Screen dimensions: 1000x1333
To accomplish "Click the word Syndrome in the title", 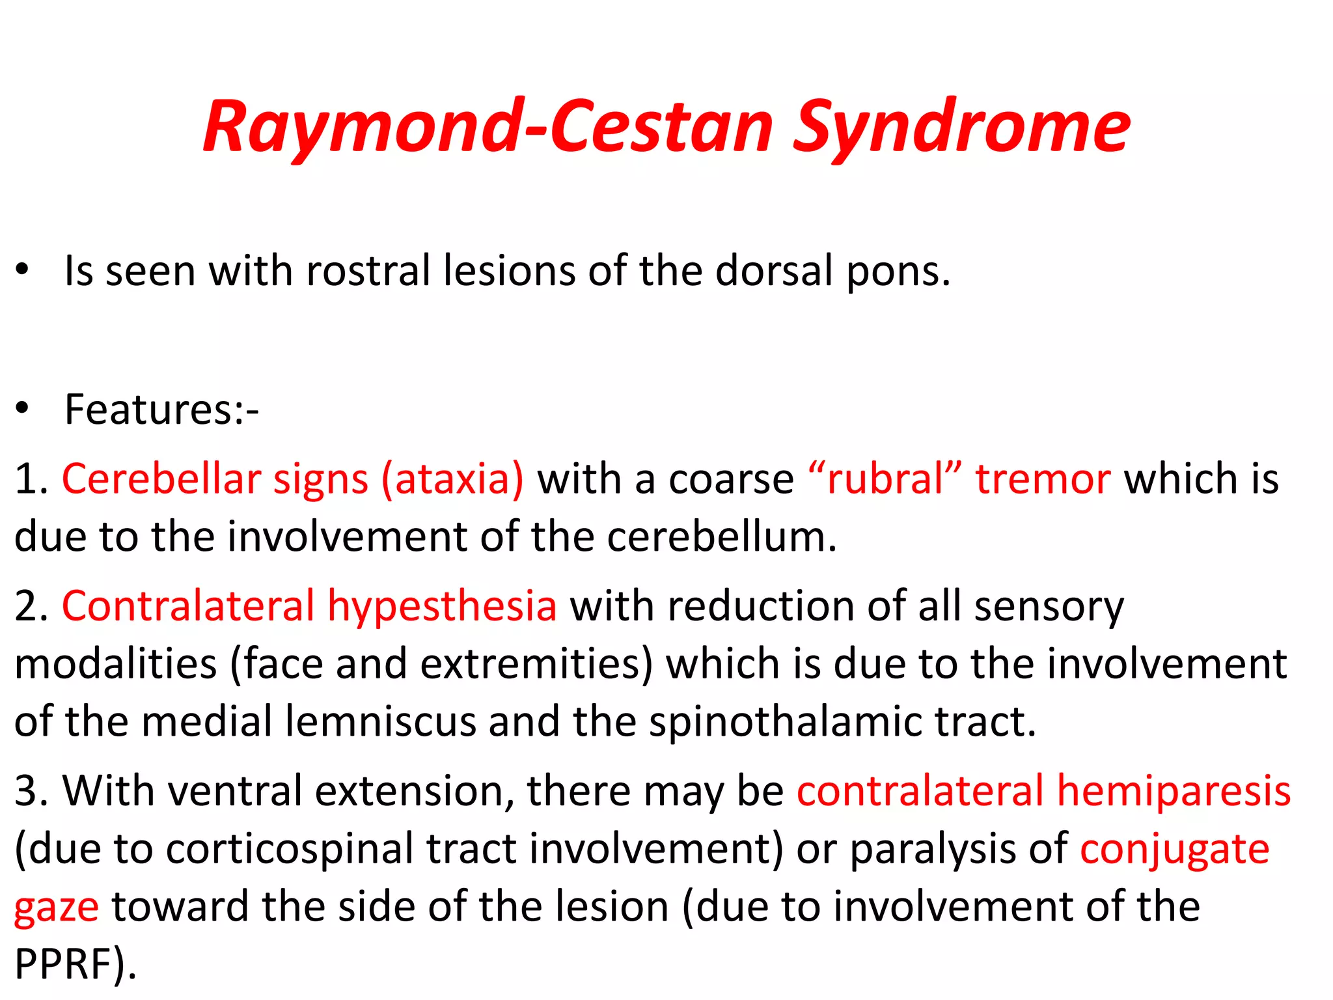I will pyautogui.click(x=961, y=128).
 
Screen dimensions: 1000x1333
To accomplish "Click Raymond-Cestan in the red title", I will pyautogui.click(x=488, y=128).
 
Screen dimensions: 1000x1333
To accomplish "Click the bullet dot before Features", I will pyautogui.click(x=23, y=409).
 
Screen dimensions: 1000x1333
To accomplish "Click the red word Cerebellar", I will pyautogui.click(x=160, y=480).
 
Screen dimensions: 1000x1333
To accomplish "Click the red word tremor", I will pyautogui.click(x=1043, y=480).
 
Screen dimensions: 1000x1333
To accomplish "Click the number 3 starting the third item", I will pyautogui.click(x=26, y=792).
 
